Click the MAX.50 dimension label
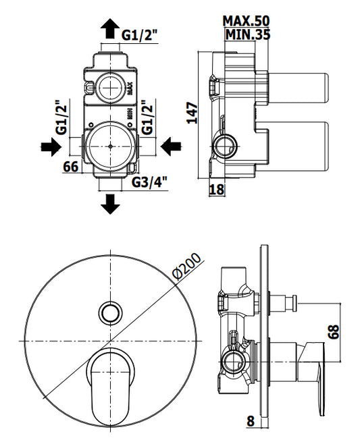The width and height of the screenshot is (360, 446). [x=246, y=21]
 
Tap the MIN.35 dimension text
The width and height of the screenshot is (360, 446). [x=247, y=34]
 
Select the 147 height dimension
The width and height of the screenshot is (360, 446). [x=192, y=113]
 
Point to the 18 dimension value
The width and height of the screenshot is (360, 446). [x=217, y=190]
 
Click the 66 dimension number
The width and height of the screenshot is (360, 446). [x=71, y=167]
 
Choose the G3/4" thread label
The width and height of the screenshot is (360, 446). [x=149, y=182]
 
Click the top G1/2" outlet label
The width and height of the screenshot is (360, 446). [x=140, y=35]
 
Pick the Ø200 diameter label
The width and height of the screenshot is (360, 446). [x=186, y=267]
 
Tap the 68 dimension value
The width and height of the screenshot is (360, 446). [x=334, y=331]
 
